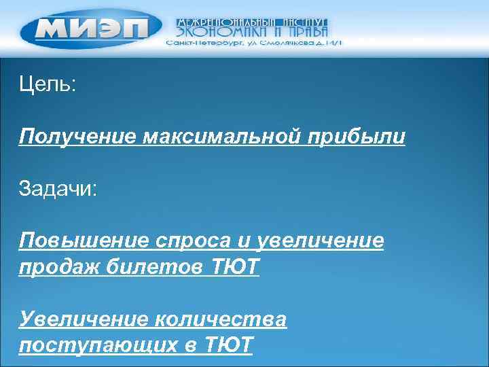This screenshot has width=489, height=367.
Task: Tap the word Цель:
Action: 48,86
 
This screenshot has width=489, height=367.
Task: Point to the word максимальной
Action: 217,137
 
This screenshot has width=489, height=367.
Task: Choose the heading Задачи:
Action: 58,188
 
